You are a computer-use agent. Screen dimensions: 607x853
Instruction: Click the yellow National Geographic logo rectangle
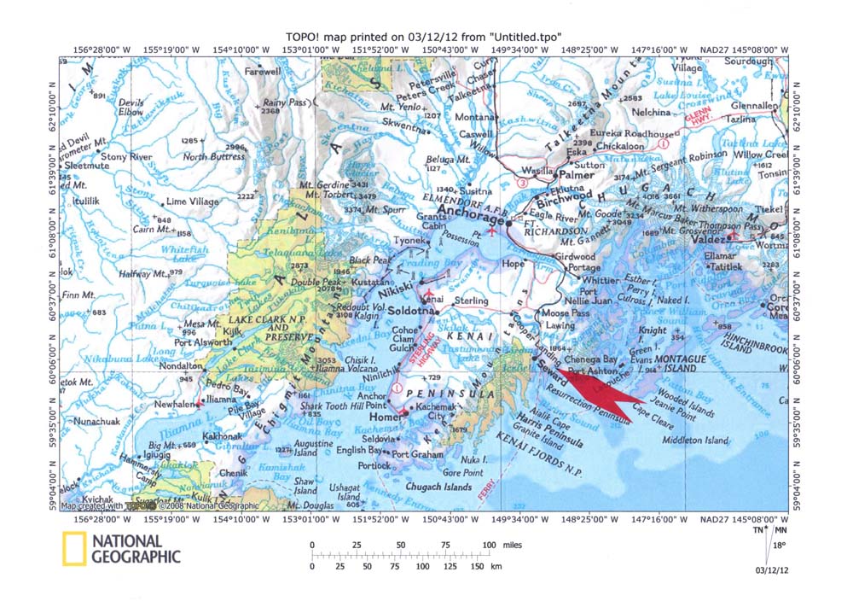tap(73, 549)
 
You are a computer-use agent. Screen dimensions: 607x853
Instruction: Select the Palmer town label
tap(576, 174)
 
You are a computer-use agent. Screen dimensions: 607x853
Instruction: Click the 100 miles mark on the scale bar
tap(489, 545)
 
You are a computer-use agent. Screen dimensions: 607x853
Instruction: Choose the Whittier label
tap(601, 280)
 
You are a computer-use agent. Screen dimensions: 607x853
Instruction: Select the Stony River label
tap(125, 157)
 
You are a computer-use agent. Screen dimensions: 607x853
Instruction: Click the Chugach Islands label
tap(439, 486)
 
